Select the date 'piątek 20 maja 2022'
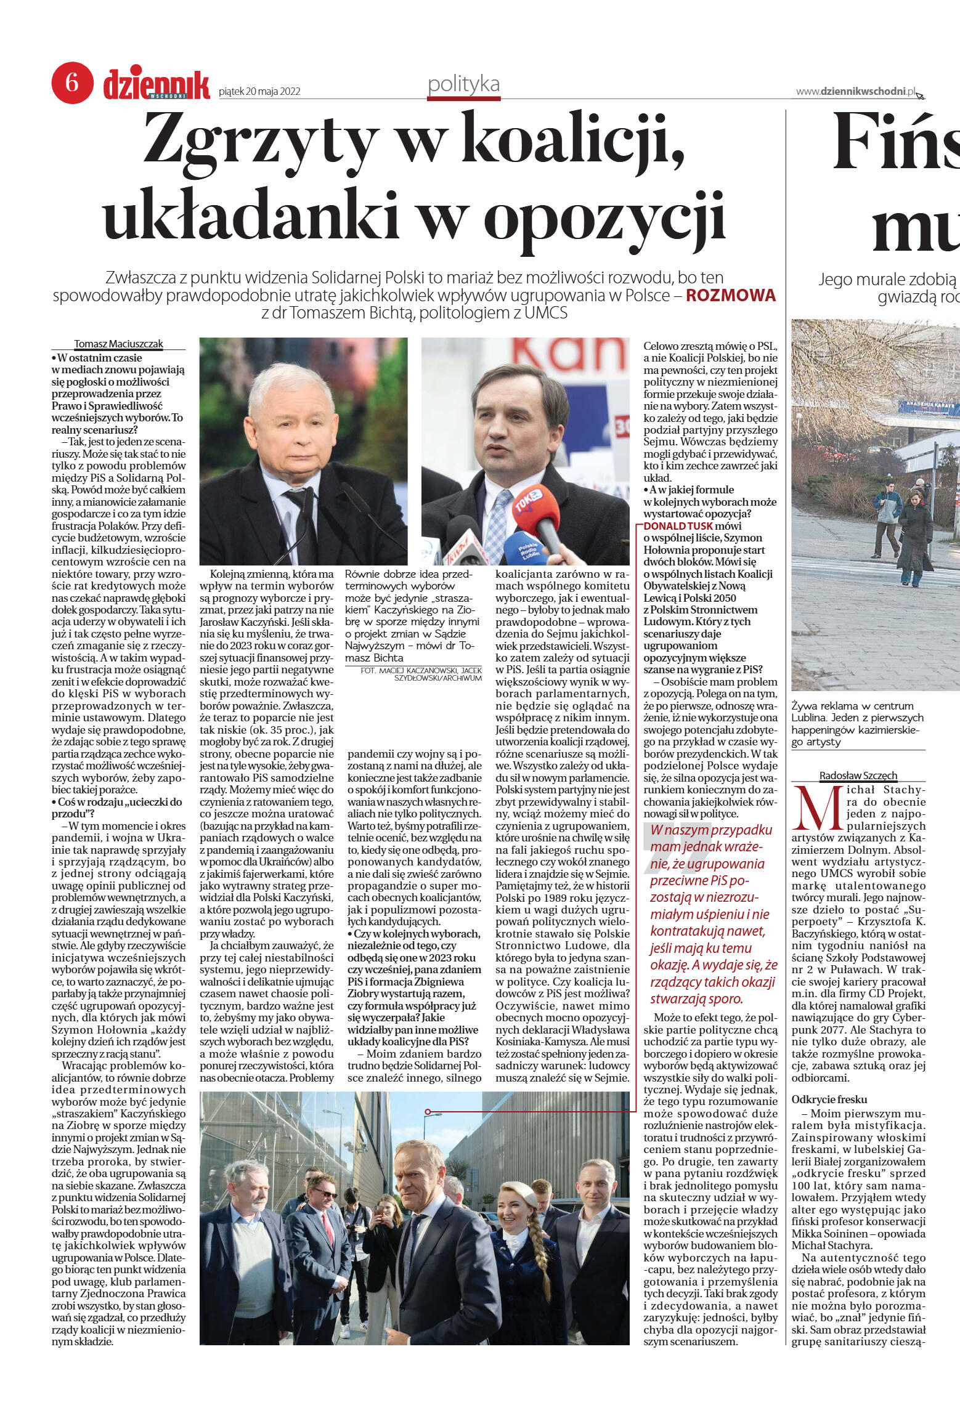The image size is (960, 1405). coord(259,92)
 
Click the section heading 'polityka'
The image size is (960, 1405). coord(463,85)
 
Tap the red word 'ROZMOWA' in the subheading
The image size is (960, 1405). coord(731,295)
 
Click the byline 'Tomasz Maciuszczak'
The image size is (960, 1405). coord(118,344)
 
